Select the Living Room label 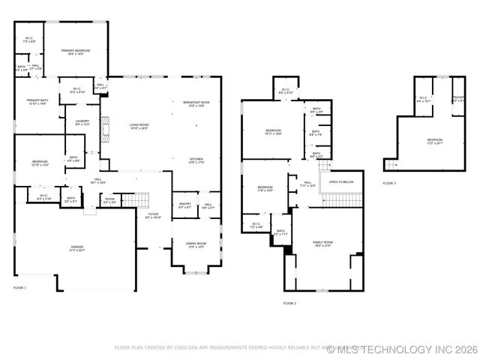click(138, 127)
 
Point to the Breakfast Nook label click(196, 103)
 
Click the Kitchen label click(196, 160)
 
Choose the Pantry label click(184, 205)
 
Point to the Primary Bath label click(37, 102)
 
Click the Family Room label click(322, 244)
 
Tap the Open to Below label click(341, 181)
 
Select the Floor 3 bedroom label click(435, 141)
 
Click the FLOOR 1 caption click(19, 287)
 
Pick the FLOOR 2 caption click(289, 303)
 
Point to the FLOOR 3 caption click(389, 183)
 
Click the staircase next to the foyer click(141, 199)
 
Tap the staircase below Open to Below click(341, 199)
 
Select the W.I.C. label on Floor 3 click(423, 98)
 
